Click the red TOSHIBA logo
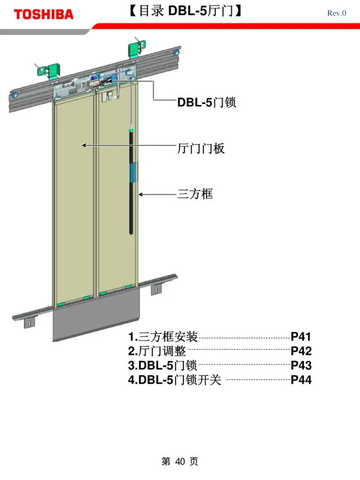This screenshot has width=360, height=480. pos(43,15)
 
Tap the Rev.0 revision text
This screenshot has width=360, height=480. pos(336,13)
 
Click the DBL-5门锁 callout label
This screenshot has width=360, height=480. pos(206,102)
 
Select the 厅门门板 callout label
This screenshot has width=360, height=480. pos(201,148)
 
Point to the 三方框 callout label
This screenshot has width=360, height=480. pos(195,194)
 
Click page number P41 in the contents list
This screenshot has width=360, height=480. pos(301,337)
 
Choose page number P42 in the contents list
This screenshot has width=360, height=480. pos(301,351)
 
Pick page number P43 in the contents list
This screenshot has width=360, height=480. pos(301,365)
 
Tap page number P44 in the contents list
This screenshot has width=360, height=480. pos(301,379)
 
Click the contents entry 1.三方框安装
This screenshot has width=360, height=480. pos(163,337)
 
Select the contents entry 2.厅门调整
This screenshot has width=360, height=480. pos(157,351)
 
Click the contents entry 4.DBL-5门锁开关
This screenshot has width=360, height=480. pos(174,379)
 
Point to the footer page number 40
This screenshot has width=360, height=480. pos(180,461)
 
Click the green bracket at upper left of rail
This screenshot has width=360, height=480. pos(49,71)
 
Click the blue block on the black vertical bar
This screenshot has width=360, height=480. pos(134,173)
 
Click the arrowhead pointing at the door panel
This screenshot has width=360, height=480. pos(84,145)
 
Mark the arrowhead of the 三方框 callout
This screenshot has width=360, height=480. pos(140,194)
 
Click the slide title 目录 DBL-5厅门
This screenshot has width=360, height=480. pos(184,11)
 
